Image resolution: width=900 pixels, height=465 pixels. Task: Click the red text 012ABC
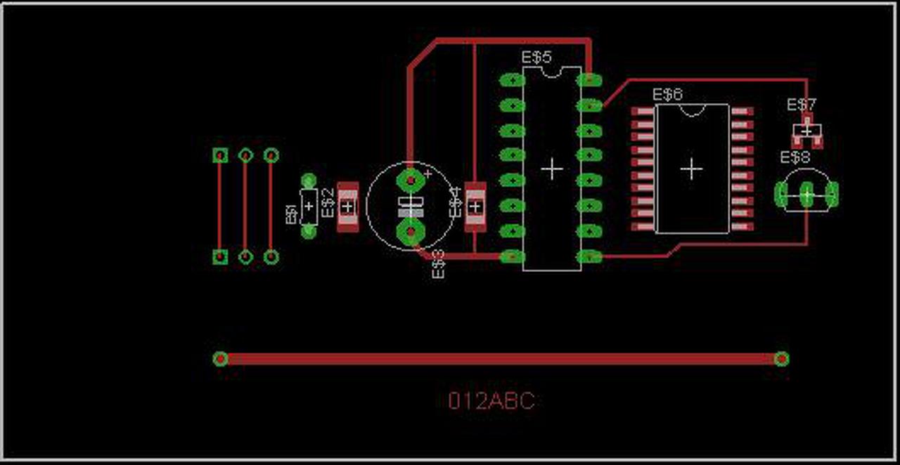[491, 401]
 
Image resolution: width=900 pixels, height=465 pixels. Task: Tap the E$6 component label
[667, 94]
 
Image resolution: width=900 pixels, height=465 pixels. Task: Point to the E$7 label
[802, 105]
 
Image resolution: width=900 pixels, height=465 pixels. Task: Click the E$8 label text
[795, 157]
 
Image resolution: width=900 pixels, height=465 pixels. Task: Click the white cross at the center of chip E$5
[552, 169]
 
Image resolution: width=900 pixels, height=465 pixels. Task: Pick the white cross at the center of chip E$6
[692, 169]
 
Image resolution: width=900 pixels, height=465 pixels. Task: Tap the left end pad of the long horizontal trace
[220, 359]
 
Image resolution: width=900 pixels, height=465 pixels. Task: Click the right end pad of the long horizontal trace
[781, 359]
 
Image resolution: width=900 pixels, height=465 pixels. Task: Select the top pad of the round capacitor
[410, 179]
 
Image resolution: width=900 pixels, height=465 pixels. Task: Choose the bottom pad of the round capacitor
[410, 231]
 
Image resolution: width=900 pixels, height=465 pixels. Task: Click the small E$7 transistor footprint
[806, 131]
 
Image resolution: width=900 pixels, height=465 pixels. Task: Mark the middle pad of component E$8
[806, 195]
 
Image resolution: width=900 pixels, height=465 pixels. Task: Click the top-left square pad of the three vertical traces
[220, 155]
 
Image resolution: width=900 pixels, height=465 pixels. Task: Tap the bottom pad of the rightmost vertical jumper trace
[271, 257]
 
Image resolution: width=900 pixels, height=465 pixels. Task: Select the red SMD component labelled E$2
[347, 207]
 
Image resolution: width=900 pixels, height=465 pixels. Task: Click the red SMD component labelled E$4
[476, 207]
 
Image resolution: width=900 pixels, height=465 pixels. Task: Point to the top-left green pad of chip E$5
[512, 80]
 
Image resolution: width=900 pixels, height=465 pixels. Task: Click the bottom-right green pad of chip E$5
[589, 256]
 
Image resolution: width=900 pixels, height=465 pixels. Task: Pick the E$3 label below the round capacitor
[438, 264]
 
